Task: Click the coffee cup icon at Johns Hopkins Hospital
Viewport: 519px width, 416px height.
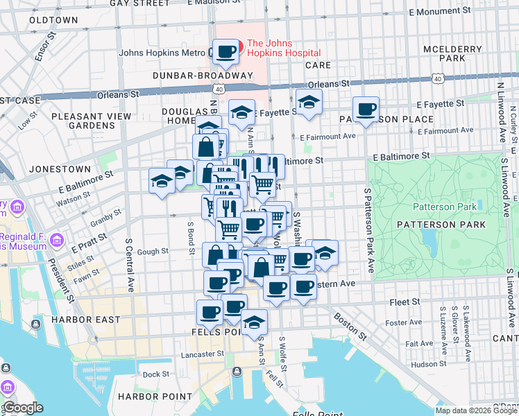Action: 226,51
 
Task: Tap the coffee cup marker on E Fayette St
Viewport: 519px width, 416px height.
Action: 366,108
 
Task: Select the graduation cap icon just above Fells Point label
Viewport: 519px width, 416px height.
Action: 255,322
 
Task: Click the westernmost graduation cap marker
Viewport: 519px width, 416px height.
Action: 162,181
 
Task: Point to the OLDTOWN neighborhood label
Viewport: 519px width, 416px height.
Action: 53,20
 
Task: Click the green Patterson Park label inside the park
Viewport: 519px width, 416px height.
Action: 445,207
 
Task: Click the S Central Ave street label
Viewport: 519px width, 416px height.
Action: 129,265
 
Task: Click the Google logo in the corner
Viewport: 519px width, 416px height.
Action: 22,408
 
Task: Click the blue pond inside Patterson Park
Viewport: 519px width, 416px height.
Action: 429,240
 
